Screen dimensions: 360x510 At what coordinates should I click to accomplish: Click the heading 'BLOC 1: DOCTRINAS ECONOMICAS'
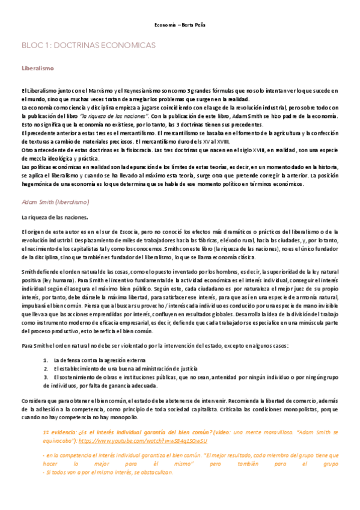click(x=88, y=45)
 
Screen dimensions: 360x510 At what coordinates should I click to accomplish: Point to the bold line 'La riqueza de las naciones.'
click(x=55, y=217)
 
